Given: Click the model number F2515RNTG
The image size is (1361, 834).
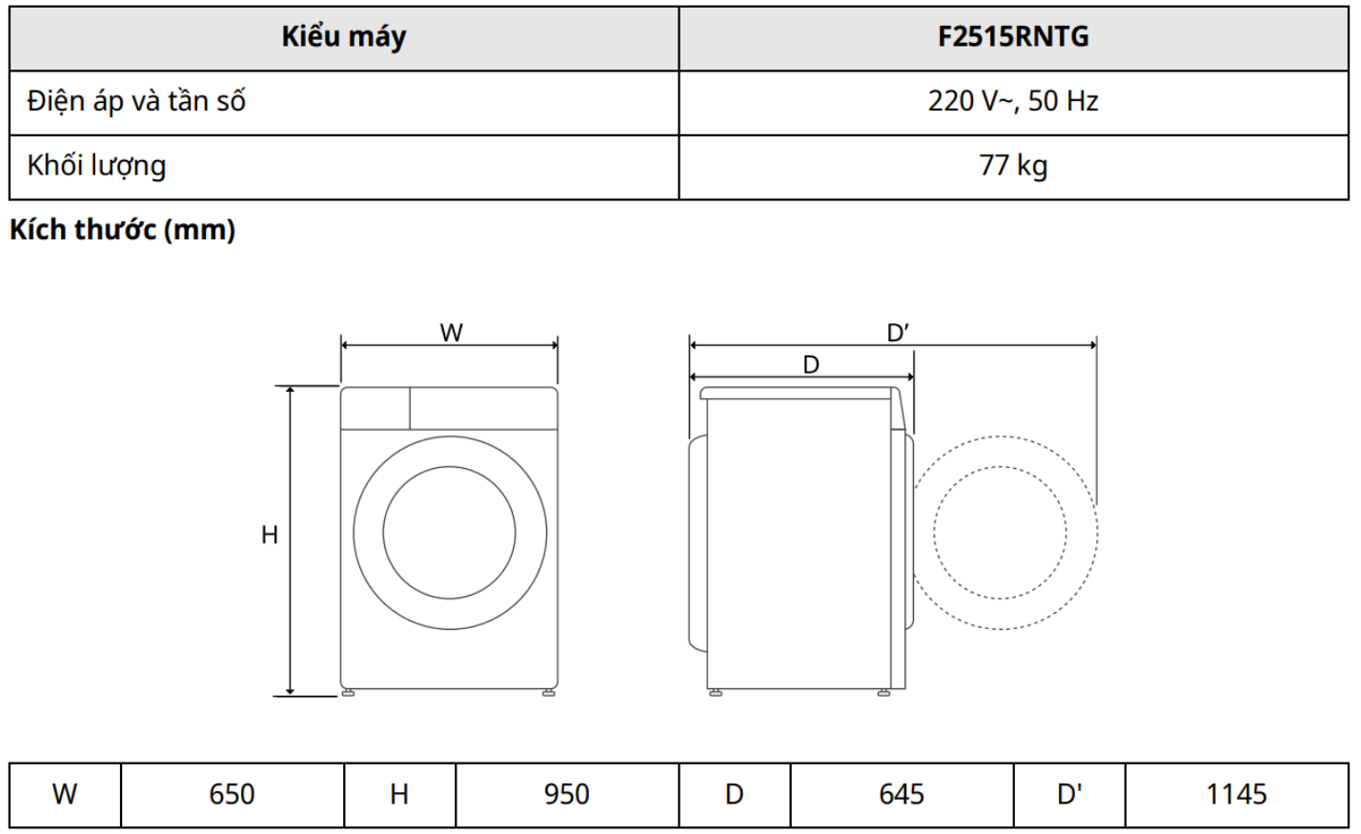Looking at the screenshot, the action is coord(1013,36).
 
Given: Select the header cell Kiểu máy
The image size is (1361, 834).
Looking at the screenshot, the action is coord(344,37).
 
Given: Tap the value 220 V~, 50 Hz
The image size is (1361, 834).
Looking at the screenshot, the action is coord(1013,101).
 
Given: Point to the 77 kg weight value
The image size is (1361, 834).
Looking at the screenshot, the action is coord(1013,166).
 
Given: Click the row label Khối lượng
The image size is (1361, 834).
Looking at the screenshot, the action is coord(96,165).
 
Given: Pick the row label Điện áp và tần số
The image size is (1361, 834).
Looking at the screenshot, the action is coord(136,100).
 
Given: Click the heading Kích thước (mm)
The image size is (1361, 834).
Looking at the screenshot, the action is coord(122,230).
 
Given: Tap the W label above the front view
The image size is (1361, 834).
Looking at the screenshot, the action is coord(451,333).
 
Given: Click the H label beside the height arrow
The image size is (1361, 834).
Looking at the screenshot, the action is coord(269,535).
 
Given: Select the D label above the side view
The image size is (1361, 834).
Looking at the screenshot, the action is coord(811,365).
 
